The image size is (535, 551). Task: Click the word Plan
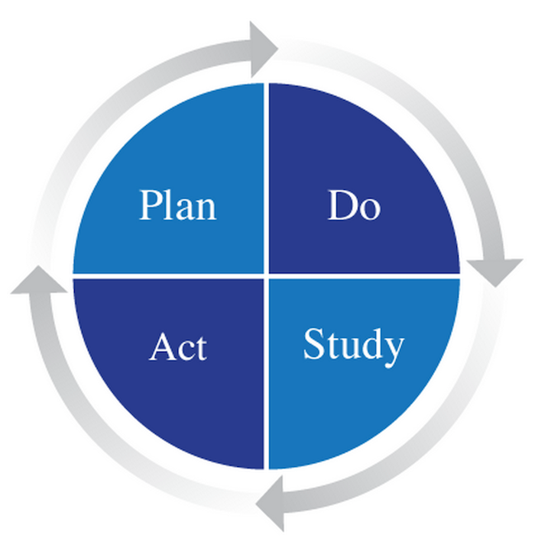pos(178,205)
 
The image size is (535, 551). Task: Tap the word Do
pos(354,205)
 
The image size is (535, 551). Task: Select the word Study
pos(354,346)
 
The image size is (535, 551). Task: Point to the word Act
pos(178,347)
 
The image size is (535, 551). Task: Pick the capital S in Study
pos(313,343)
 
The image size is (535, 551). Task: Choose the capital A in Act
pos(162,346)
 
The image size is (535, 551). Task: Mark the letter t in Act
pos(200,349)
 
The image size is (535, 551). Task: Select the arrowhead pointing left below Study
pos(271,503)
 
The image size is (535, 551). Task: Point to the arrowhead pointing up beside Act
pos(39,279)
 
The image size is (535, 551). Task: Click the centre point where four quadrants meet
pos(267,276)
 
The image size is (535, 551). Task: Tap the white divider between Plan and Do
pos(267,178)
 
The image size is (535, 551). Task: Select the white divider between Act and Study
pos(267,374)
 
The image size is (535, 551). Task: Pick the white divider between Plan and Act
pos(168,276)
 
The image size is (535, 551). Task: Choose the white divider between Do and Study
pos(365,276)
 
